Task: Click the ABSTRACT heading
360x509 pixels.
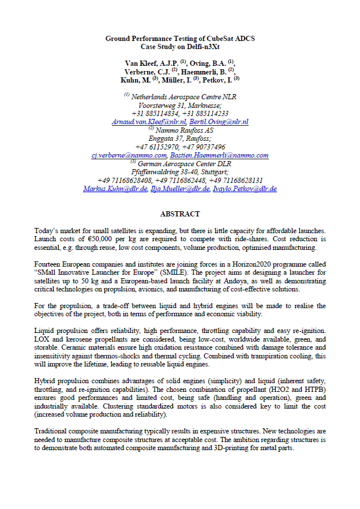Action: [x=180, y=214]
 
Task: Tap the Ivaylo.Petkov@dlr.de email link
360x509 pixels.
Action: [x=245, y=189]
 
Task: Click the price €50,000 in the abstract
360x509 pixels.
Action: [x=105, y=238]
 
